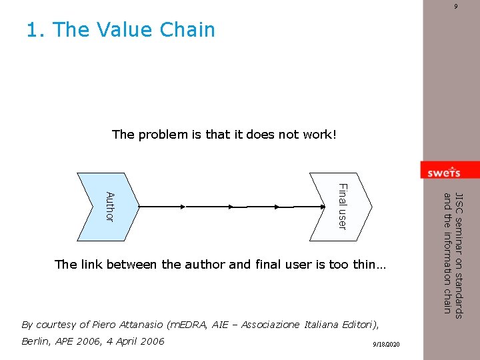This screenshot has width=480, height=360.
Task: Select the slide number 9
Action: [456, 7]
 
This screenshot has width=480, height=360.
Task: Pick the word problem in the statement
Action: [163, 135]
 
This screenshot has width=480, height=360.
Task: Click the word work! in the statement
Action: [320, 135]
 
